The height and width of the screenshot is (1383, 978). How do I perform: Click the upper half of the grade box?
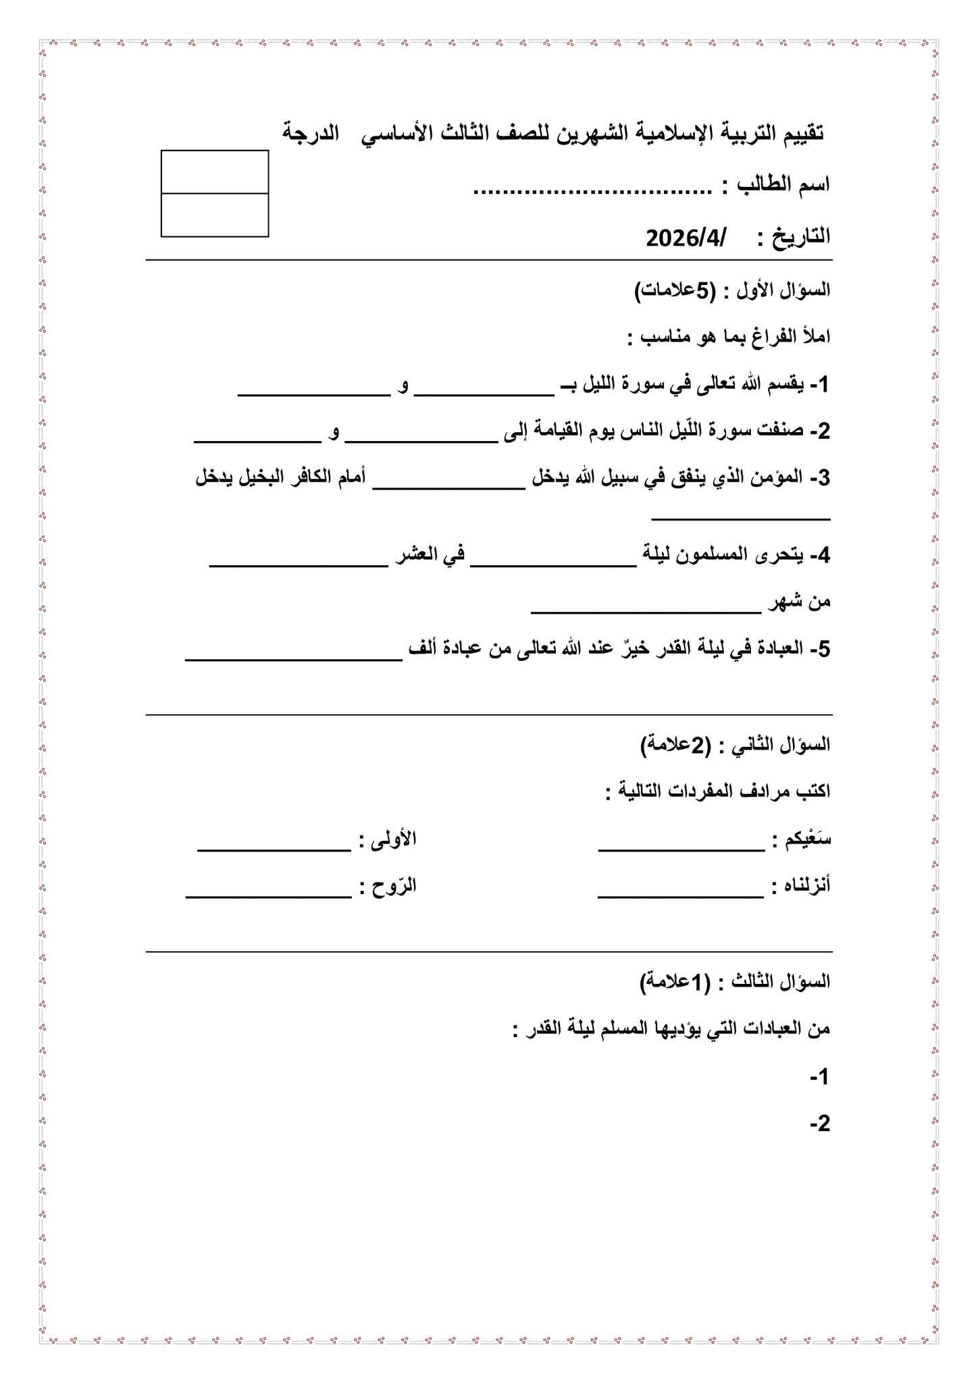[215, 172]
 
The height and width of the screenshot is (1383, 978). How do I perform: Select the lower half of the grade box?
[215, 215]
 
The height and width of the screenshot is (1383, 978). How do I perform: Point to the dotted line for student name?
[592, 191]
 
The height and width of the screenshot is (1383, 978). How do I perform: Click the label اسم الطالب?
[783, 184]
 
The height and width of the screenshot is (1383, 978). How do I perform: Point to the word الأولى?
[394, 839]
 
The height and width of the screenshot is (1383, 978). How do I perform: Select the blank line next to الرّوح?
[269, 897]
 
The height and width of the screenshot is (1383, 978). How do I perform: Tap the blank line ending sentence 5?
[294, 660]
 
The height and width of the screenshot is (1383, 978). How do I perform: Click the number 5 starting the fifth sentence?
[823, 649]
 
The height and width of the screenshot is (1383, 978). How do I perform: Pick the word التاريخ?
[802, 237]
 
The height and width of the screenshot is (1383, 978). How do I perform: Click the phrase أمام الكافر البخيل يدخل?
[281, 477]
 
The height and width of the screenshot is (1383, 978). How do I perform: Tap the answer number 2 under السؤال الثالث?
[821, 1124]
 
